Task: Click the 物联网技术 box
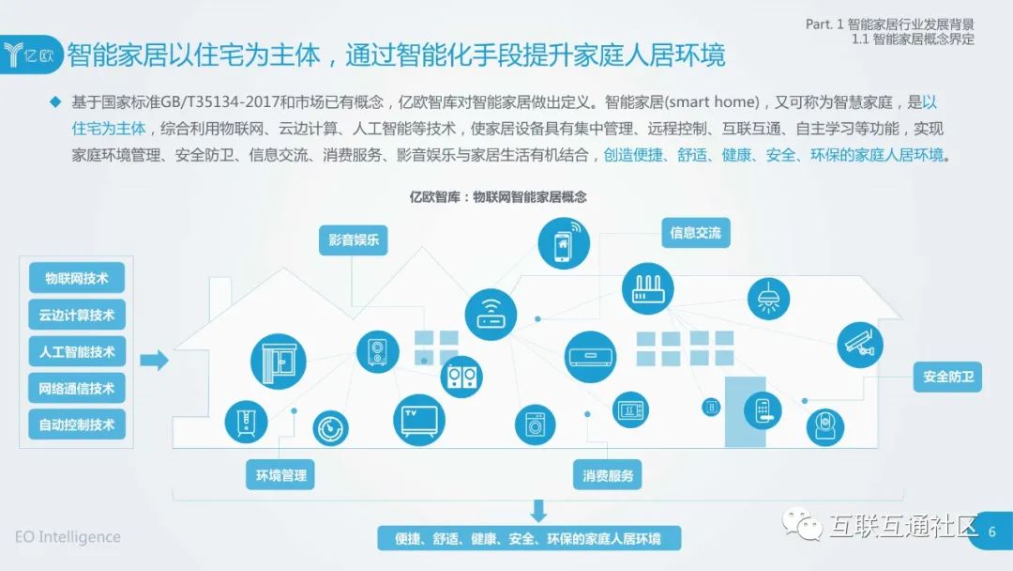pyautogui.click(x=76, y=279)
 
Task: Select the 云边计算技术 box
pyautogui.click(x=76, y=316)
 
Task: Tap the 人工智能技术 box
pyautogui.click(x=76, y=352)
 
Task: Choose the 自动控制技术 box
pyautogui.click(x=76, y=424)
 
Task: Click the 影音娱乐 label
pyautogui.click(x=353, y=239)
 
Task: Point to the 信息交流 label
pyautogui.click(x=695, y=233)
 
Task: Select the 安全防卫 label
pyautogui.click(x=947, y=378)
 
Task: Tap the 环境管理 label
pyautogui.click(x=280, y=475)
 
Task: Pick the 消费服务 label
pyautogui.click(x=607, y=475)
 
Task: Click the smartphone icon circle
pyautogui.click(x=563, y=243)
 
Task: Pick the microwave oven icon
pyautogui.click(x=630, y=409)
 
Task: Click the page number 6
pyautogui.click(x=991, y=532)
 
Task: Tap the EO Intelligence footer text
pyautogui.click(x=68, y=537)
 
